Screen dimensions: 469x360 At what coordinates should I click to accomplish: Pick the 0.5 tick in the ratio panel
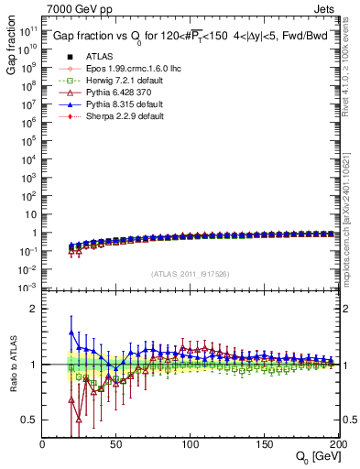point(29,420)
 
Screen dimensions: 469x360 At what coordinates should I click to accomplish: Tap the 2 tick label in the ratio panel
point(34,309)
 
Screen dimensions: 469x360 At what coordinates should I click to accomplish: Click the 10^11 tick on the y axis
point(27,31)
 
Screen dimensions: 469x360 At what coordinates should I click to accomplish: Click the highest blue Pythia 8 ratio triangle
point(71,332)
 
